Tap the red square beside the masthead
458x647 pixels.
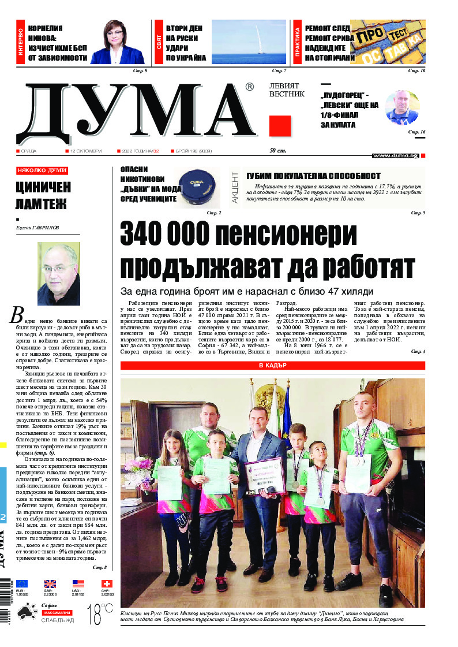[x=280, y=126]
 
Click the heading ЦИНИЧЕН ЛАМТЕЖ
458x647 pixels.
[x=43, y=195]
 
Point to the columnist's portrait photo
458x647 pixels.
[x=59, y=274]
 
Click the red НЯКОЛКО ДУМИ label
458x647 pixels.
[x=42, y=171]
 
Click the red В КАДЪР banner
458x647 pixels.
[x=272, y=366]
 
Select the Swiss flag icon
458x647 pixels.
[x=107, y=584]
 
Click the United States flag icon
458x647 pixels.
[x=78, y=584]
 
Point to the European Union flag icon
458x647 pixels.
[x=22, y=584]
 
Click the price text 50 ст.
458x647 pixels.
[x=279, y=151]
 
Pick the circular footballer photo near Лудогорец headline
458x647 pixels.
[x=401, y=108]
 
